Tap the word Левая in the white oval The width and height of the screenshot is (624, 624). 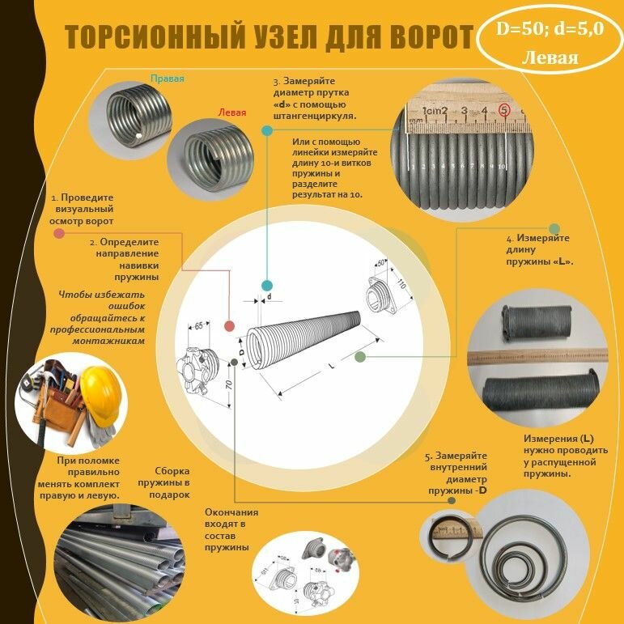tap(550, 58)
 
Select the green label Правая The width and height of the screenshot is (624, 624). tap(168, 79)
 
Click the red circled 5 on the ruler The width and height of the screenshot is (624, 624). tap(504, 109)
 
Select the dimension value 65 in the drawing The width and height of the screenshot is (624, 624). tap(197, 325)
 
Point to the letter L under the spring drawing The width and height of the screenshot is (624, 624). tap(331, 366)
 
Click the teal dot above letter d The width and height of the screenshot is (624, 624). tap(266, 286)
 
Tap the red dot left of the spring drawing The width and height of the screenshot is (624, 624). tap(229, 326)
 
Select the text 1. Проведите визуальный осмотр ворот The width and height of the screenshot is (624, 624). tap(82, 209)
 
